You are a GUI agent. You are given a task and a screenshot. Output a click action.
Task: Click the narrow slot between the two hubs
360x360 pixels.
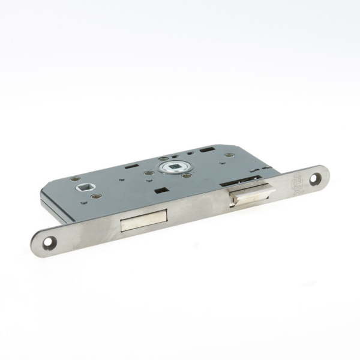pyautogui.click(x=122, y=178)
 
